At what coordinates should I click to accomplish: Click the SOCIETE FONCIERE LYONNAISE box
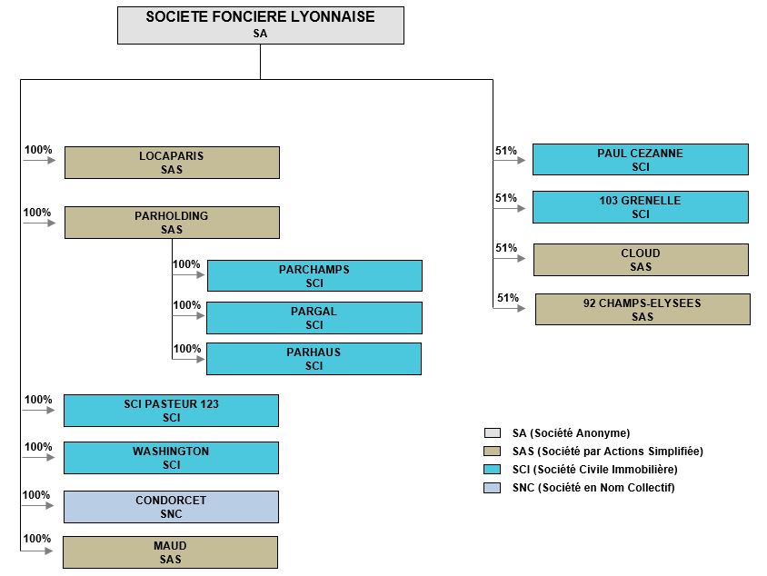click(x=261, y=25)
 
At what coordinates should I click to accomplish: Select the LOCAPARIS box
click(x=172, y=163)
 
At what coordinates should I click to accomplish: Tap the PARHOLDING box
click(x=172, y=223)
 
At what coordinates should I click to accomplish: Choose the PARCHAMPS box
click(x=314, y=276)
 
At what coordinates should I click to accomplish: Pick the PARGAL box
click(x=314, y=318)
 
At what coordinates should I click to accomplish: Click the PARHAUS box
click(x=314, y=359)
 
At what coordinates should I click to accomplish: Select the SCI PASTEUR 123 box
click(x=171, y=411)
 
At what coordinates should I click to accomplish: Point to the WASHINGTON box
click(x=171, y=458)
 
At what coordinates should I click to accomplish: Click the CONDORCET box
click(x=171, y=507)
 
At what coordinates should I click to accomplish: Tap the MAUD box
click(x=170, y=552)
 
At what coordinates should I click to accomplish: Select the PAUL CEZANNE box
click(x=641, y=159)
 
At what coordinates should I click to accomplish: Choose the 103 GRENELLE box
click(x=641, y=207)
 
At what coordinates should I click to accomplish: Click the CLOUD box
click(x=641, y=260)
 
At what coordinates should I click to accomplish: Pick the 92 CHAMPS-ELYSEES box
click(x=642, y=310)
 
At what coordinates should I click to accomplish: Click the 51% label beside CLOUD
click(x=506, y=248)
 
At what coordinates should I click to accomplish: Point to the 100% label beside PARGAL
click(x=187, y=305)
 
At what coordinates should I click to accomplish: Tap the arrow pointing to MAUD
click(x=36, y=551)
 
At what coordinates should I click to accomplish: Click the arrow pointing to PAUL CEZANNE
click(x=509, y=160)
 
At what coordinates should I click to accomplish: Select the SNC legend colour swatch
click(x=492, y=488)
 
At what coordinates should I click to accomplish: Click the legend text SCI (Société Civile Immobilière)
click(x=595, y=470)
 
